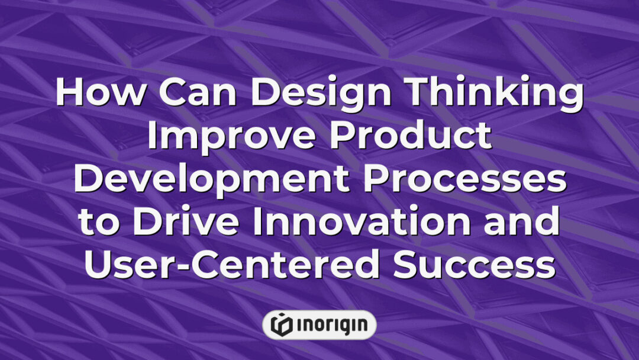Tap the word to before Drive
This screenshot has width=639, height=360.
pos(98,224)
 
